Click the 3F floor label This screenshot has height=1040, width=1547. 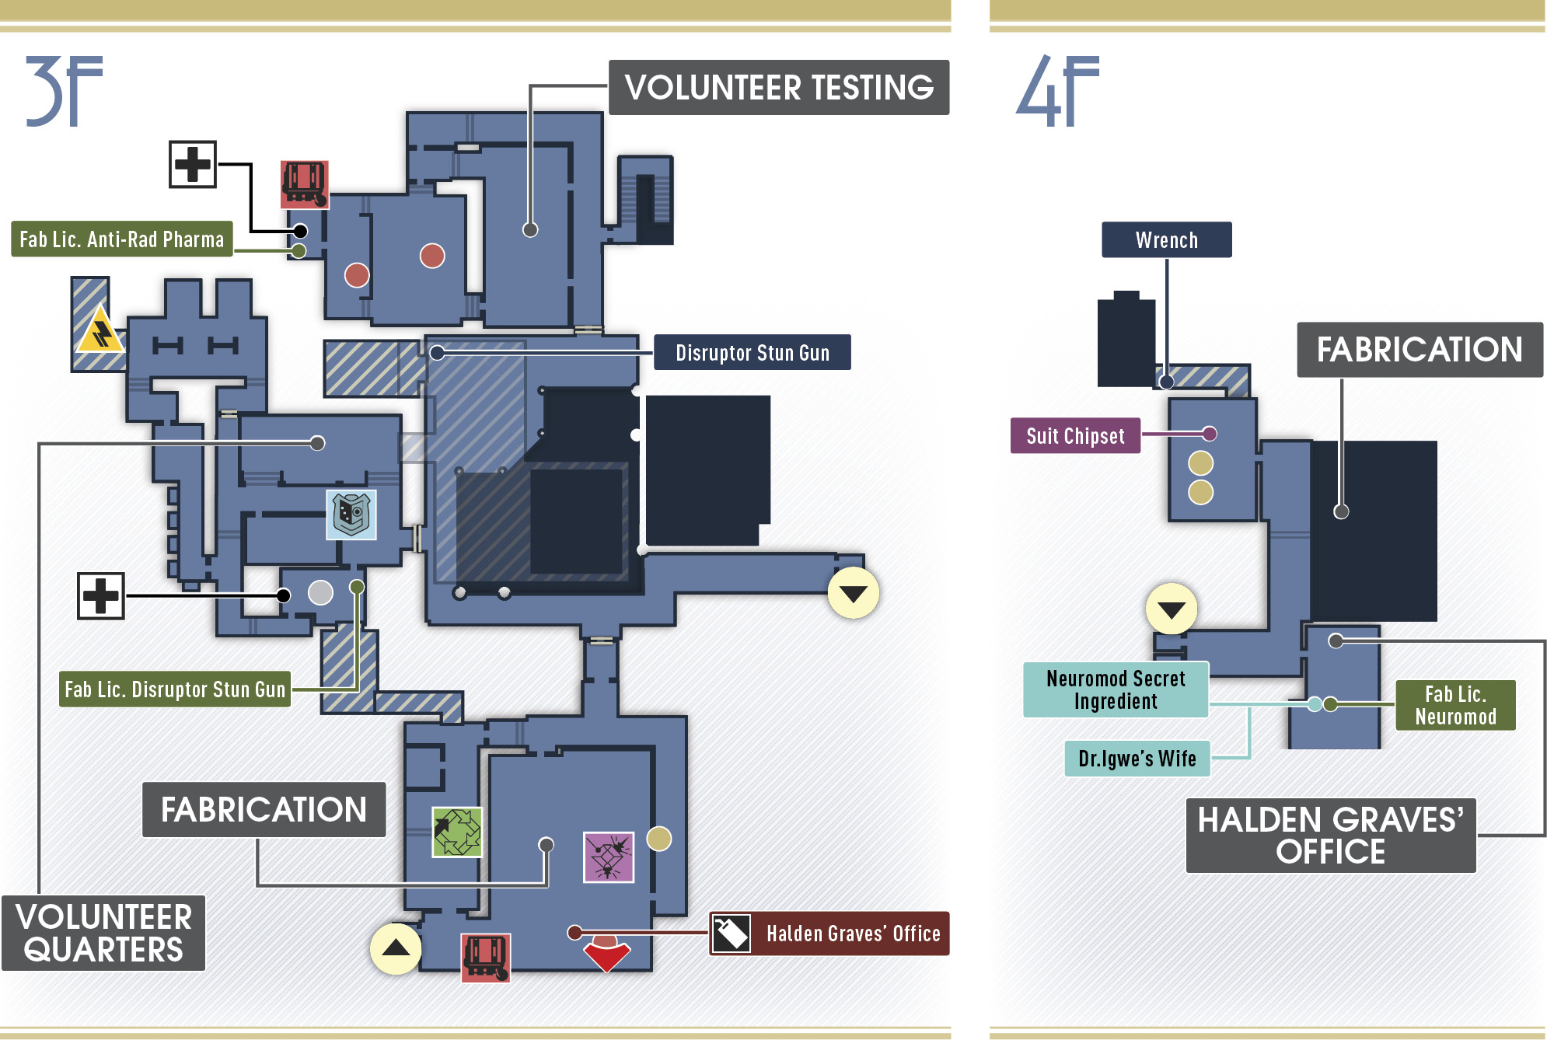tap(64, 90)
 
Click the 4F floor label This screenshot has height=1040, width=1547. tap(1057, 90)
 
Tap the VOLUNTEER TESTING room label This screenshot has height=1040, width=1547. tap(779, 87)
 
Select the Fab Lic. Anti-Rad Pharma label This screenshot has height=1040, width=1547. tap(122, 239)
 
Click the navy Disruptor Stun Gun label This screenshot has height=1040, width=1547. tap(753, 352)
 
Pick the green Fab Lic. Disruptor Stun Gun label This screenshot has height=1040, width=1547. tap(175, 689)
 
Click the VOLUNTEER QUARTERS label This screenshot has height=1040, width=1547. tap(103, 933)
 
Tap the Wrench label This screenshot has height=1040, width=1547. tap(1167, 239)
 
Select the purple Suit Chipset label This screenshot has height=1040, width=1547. tap(1075, 435)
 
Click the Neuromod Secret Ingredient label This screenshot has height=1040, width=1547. tap(1116, 689)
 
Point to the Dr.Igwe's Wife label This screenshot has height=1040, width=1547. tap(1137, 758)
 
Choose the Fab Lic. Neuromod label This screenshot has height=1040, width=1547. tap(1455, 705)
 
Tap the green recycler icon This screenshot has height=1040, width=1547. tap(457, 832)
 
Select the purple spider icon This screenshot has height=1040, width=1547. tap(609, 857)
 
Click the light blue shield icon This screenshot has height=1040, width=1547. tap(351, 515)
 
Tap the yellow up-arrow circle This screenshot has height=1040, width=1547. tap(396, 948)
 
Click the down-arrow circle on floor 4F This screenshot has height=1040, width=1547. tap(1172, 609)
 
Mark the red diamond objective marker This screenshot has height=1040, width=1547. tap(607, 954)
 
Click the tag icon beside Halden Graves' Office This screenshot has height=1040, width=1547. tap(731, 933)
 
